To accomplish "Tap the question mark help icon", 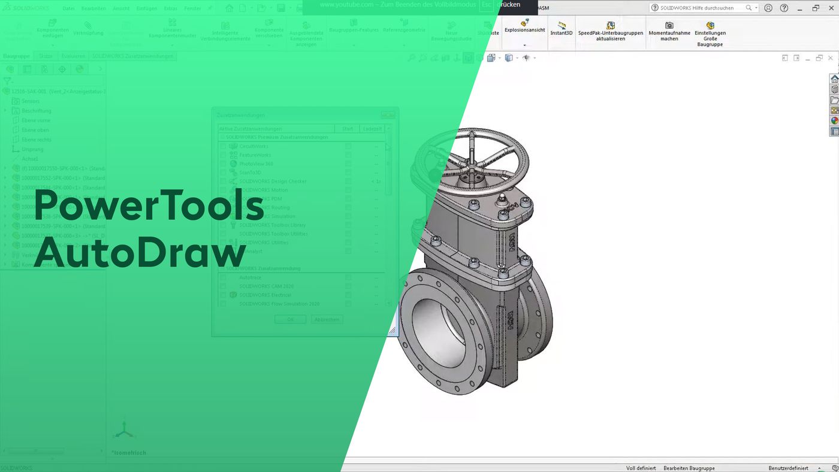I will click(784, 8).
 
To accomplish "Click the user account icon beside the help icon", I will click(768, 8).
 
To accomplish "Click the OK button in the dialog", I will click(290, 319).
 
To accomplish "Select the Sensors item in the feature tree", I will click(31, 101).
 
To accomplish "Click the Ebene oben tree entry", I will click(35, 130).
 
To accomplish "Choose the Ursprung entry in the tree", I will click(32, 149).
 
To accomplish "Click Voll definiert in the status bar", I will click(641, 468).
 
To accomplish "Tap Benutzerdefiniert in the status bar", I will click(788, 468).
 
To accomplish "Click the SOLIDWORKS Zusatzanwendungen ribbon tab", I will click(132, 56).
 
